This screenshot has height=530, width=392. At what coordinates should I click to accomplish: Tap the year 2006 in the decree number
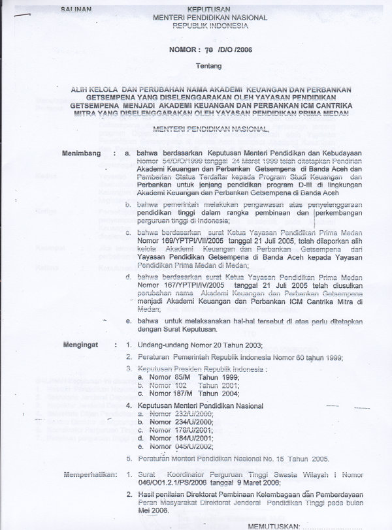[x=240, y=49]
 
